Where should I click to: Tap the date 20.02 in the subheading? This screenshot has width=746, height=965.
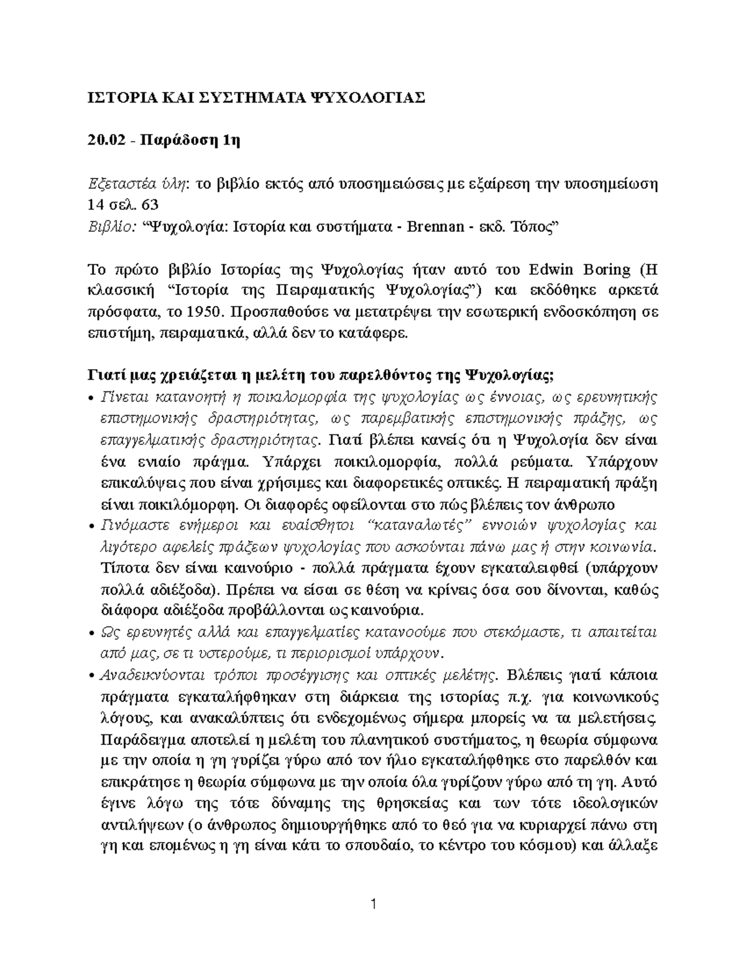point(103,140)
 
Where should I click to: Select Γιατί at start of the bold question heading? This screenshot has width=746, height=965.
point(104,376)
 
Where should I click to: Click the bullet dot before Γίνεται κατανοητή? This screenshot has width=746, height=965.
point(91,398)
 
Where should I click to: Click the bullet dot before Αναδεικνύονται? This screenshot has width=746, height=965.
point(91,676)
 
